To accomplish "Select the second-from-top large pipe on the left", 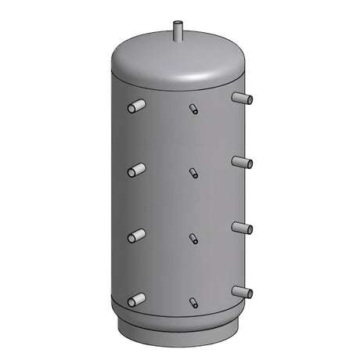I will click(136, 169).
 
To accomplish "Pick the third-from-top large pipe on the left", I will click(136, 235).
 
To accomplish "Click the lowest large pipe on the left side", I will click(136, 299).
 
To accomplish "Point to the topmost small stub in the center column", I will click(193, 109).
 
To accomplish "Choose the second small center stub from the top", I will click(193, 173).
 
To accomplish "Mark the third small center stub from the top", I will click(193, 238).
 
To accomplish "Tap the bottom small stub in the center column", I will click(193, 302).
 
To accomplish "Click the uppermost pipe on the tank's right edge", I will click(242, 98).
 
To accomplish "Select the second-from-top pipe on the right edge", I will click(242, 162).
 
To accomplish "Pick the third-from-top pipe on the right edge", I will click(242, 228).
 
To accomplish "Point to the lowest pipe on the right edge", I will click(242, 292).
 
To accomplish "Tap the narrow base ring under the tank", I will click(180, 329).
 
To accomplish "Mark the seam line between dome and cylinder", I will click(180, 85).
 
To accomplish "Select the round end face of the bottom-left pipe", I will click(131, 301).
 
